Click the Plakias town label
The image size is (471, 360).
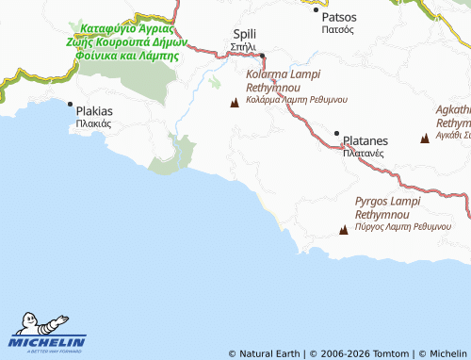click(x=95, y=110)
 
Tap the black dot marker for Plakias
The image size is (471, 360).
click(x=70, y=105)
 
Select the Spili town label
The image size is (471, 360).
click(x=244, y=34)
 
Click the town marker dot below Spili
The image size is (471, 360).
click(x=264, y=55)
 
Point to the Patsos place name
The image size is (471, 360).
click(x=338, y=17)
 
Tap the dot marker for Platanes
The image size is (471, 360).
click(x=337, y=133)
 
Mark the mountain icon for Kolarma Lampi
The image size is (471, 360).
click(x=235, y=102)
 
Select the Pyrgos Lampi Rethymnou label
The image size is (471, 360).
click(x=393, y=208)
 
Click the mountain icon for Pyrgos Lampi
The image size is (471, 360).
click(x=343, y=229)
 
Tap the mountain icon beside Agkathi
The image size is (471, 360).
click(x=425, y=139)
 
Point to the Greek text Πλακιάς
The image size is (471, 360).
click(x=94, y=123)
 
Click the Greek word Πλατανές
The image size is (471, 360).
click(x=363, y=152)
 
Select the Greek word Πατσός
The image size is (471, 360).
click(x=337, y=30)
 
